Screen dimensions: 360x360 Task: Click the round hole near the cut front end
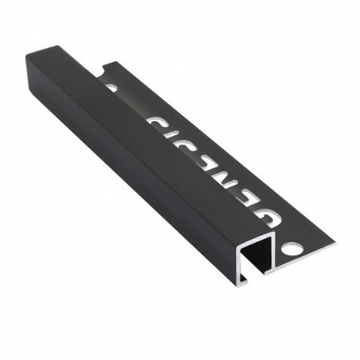click(295, 249)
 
